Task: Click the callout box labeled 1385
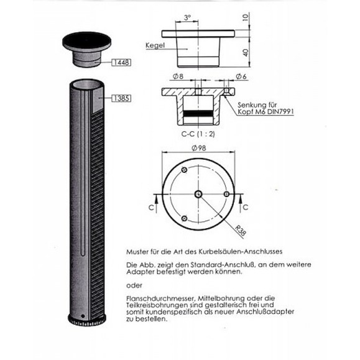121,98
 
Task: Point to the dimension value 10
246,16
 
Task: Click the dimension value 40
246,52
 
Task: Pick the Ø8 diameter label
177,76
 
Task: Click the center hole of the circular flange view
198,195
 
